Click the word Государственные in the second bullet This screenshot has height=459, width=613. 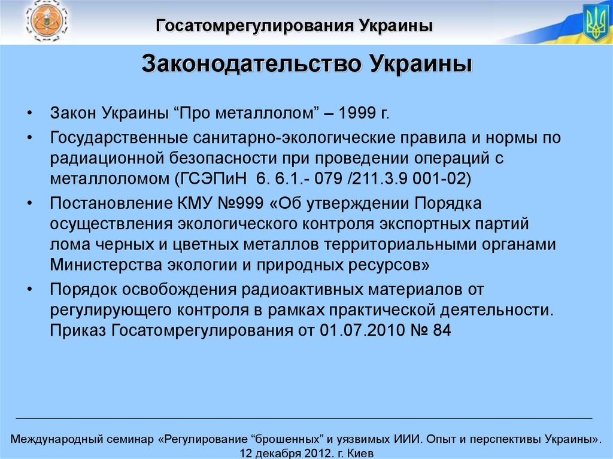click(119, 138)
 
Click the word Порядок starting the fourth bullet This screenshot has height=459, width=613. click(83, 289)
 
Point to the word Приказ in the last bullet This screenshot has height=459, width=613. click(78, 330)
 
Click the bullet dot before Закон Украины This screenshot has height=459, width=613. click(30, 114)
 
